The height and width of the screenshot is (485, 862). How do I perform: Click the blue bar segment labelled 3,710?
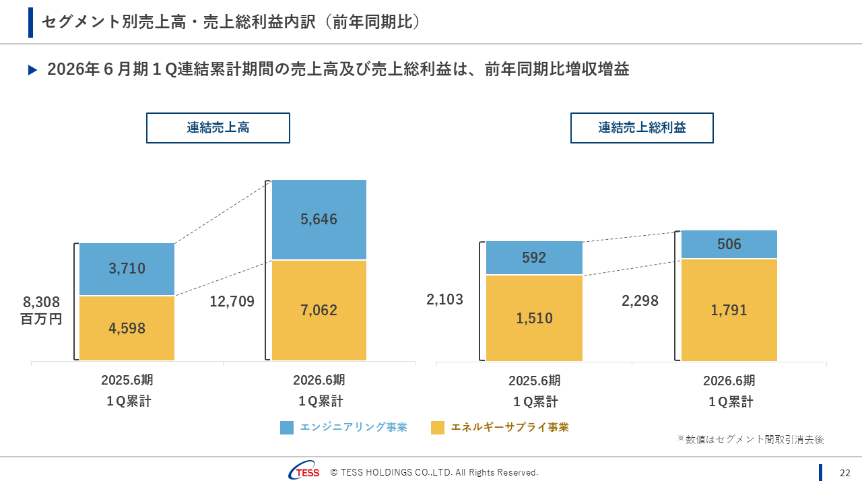click(127, 269)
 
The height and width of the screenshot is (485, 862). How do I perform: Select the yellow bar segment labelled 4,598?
click(127, 328)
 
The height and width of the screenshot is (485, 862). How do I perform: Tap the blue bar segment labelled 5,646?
click(319, 220)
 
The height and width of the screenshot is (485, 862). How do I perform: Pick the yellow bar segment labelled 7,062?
click(319, 311)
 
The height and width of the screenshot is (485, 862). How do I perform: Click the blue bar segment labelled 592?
click(534, 258)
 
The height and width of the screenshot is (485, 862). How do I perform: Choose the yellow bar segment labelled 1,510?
click(534, 318)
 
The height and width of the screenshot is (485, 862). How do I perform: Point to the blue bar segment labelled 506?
click(729, 244)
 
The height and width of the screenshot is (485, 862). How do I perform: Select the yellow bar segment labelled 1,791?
click(729, 310)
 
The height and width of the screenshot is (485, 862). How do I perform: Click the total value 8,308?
click(42, 302)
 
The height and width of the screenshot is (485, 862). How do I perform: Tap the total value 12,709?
click(232, 302)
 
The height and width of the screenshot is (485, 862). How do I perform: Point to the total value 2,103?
click(445, 300)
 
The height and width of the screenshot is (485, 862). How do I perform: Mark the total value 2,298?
click(640, 301)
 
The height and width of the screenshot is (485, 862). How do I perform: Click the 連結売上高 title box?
click(218, 127)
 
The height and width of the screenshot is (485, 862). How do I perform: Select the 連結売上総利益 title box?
click(642, 127)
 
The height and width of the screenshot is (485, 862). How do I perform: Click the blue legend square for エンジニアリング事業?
click(287, 427)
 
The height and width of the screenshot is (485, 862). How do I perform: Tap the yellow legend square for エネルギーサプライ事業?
click(438, 427)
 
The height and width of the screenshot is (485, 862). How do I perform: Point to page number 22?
click(844, 473)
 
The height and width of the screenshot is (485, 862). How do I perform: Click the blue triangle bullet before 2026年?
click(32, 70)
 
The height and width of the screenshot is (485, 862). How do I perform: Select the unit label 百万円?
click(42, 319)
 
